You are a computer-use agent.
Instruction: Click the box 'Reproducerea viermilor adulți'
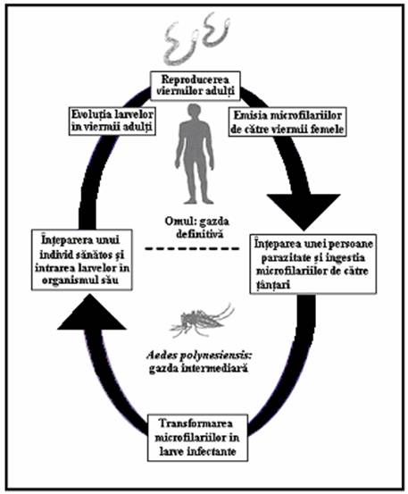tap(196, 86)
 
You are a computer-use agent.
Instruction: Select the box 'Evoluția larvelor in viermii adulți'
tap(112, 121)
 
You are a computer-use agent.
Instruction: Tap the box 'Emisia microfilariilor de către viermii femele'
tap(287, 122)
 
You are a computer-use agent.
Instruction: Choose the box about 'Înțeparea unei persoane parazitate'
tap(313, 264)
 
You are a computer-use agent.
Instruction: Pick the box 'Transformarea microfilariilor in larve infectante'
tap(197, 438)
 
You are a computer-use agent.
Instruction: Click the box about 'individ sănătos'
tap(81, 260)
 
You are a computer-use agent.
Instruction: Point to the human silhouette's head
tap(195, 113)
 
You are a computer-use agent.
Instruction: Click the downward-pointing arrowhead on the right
tap(304, 210)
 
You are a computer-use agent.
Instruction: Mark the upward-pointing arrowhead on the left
tap(91, 312)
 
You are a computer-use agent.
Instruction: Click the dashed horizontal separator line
tap(192, 248)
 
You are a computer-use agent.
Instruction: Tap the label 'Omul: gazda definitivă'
tap(197, 228)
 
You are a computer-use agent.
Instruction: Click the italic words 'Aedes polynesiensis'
tap(200, 356)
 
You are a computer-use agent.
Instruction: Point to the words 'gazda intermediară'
tap(198, 368)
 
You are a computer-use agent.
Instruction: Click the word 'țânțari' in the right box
tap(272, 285)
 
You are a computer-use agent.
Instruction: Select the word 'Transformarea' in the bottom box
tap(196, 423)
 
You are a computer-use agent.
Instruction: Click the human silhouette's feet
tap(195, 200)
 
